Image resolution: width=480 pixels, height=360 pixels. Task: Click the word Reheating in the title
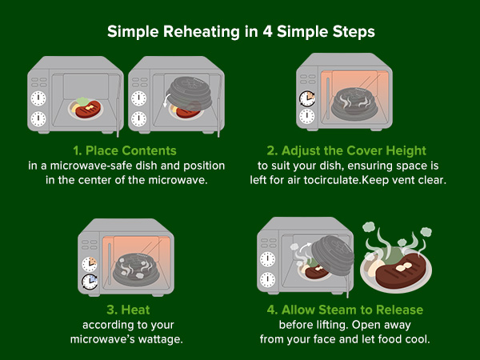(x=202, y=32)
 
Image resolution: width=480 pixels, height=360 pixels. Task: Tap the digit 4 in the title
(x=267, y=31)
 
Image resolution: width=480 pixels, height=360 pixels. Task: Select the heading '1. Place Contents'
(x=125, y=150)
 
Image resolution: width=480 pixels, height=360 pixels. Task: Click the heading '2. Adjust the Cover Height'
(x=346, y=150)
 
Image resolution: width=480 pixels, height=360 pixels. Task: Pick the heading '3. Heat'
(x=128, y=310)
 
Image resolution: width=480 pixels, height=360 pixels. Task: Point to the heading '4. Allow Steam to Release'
(x=345, y=310)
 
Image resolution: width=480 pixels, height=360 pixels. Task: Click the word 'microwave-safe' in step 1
(x=91, y=166)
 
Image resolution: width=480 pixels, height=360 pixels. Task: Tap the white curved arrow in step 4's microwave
(x=306, y=246)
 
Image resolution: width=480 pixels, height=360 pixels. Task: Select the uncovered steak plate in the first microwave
(x=86, y=108)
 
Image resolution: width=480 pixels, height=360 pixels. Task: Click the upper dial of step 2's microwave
(x=307, y=98)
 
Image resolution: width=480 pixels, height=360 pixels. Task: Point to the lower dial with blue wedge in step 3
(x=90, y=282)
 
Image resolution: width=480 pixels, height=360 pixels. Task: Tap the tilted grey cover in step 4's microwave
(x=333, y=254)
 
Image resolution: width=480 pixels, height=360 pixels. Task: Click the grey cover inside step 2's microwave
(x=355, y=103)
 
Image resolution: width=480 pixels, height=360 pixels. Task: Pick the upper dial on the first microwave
(x=38, y=98)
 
